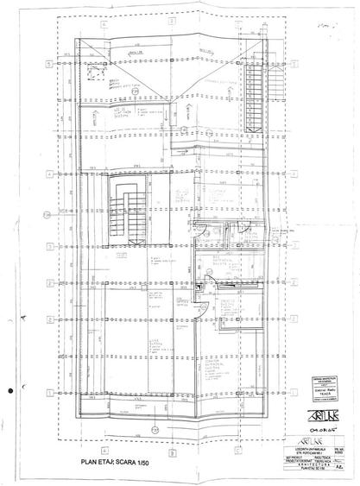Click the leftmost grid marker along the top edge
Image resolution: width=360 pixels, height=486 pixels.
(x=104, y=24)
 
